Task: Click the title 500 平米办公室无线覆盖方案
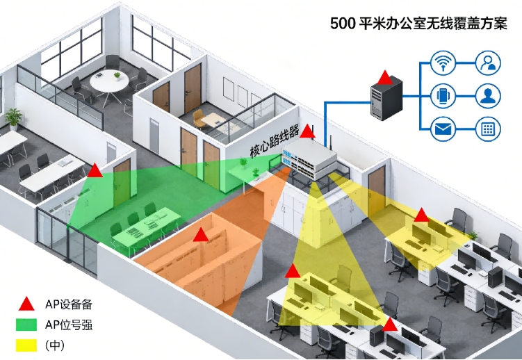pos(418,24)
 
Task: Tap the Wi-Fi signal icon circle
pos(443,63)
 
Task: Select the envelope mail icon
pos(443,129)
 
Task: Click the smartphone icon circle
pos(443,96)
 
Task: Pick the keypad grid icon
pos(488,129)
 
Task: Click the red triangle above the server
pos(385,78)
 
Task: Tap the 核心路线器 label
pos(275,141)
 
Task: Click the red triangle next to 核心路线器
pos(307,131)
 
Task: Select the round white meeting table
pos(109,80)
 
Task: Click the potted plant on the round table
pos(117,76)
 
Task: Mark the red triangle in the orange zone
pos(201,235)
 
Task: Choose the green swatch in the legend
pos(26,325)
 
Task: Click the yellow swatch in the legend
pos(26,345)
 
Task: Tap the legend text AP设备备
pos(69,304)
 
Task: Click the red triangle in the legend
pos(26,304)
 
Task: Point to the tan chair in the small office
pos(199,119)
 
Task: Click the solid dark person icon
pos(488,96)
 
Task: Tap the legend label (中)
pos(55,345)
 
